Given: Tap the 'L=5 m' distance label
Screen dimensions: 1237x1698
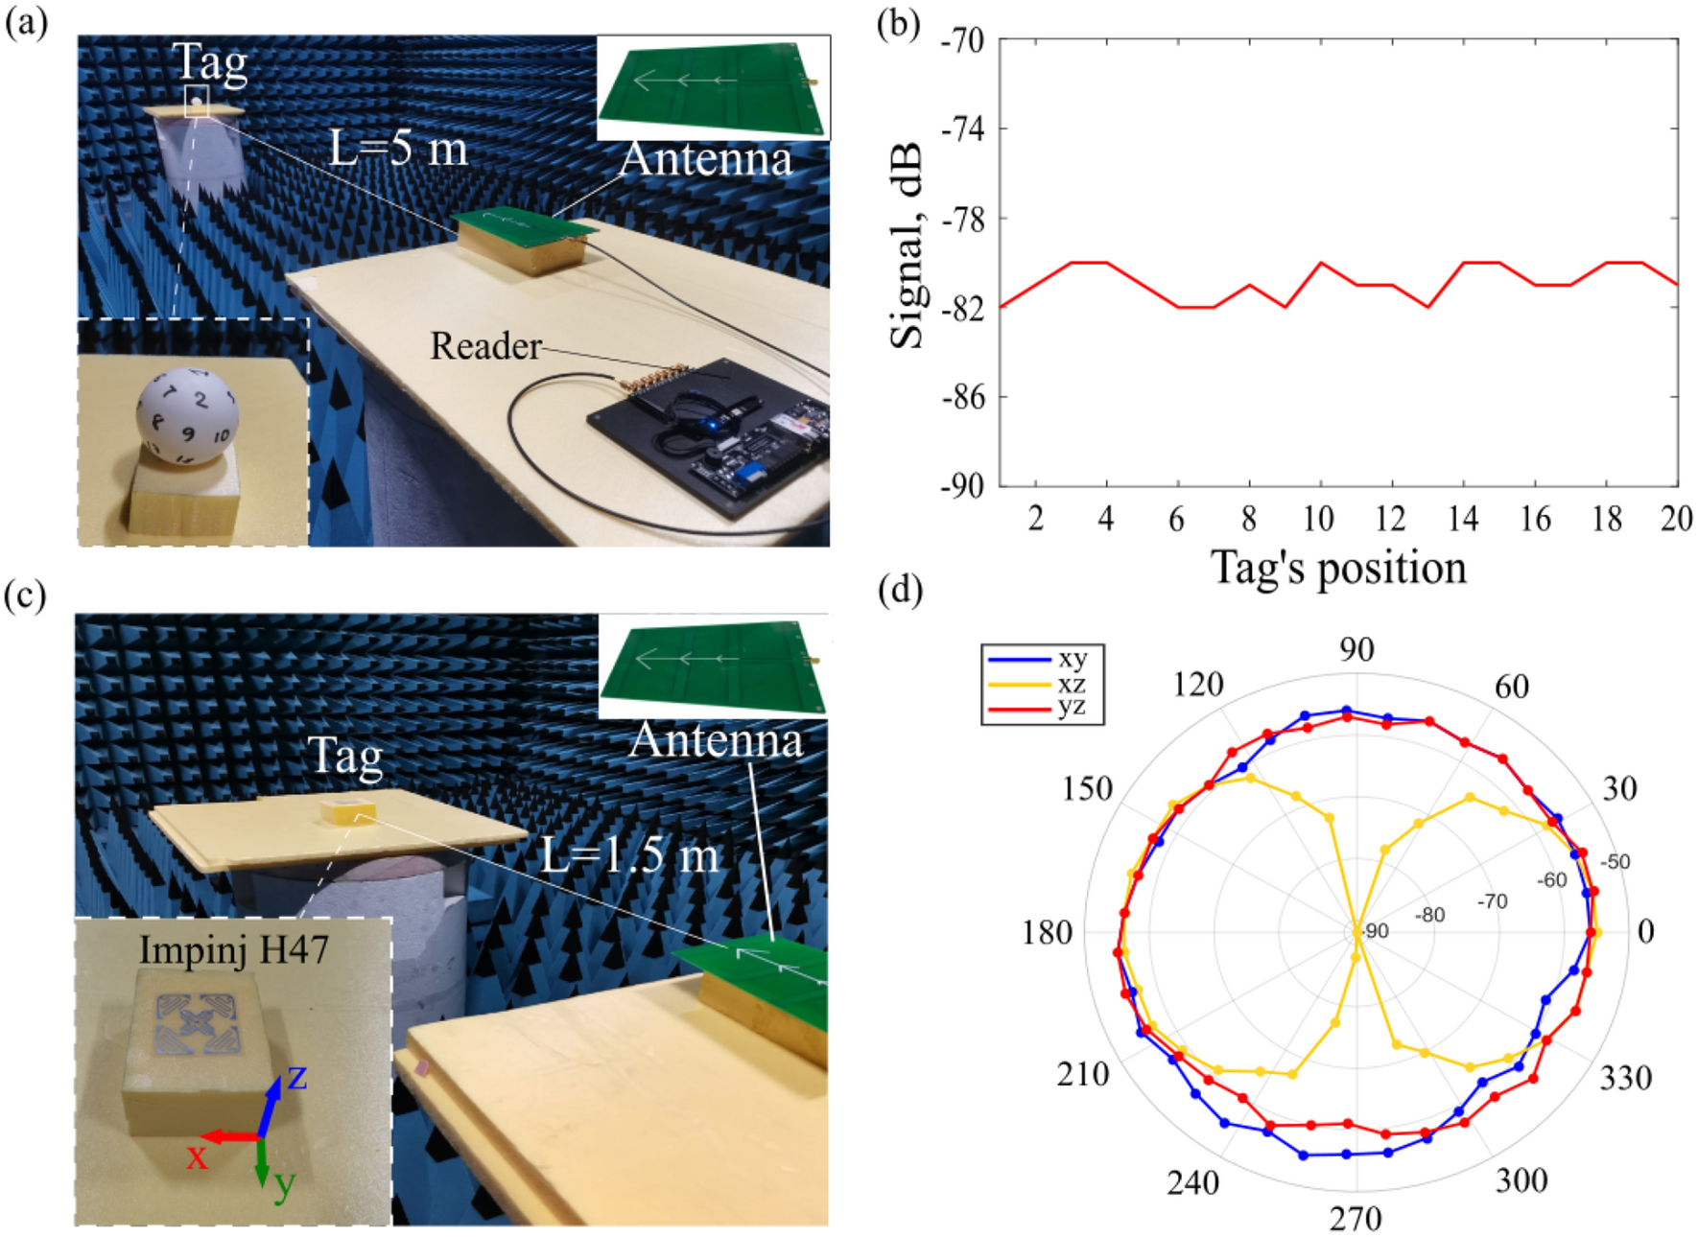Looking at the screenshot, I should (398, 149).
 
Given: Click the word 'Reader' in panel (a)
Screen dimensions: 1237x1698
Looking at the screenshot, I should (485, 346).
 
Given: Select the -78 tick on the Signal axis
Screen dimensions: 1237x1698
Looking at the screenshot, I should (962, 219).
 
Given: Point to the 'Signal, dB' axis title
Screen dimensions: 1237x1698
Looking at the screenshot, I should (907, 245).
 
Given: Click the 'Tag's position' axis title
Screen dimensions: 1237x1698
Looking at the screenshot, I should (1338, 568).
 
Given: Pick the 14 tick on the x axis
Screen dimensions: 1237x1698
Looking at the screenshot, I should (1462, 519).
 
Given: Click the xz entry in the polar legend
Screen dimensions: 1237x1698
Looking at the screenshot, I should (1071, 684).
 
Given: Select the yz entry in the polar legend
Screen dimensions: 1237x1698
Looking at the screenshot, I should (1071, 708).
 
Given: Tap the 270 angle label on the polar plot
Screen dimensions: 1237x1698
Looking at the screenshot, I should (1356, 1219).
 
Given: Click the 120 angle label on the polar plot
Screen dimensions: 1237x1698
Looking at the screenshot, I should (1198, 685).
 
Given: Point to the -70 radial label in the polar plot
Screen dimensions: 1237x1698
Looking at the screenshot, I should (1492, 901).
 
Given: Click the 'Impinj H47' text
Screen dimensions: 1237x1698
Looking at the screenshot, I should (234, 950).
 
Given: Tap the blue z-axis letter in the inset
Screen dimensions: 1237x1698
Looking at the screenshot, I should (297, 1078).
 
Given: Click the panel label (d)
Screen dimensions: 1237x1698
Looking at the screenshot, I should (900, 591).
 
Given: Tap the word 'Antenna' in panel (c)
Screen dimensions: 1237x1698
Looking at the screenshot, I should (716, 740).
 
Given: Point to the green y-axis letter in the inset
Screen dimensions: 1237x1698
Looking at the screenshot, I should (284, 1185).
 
